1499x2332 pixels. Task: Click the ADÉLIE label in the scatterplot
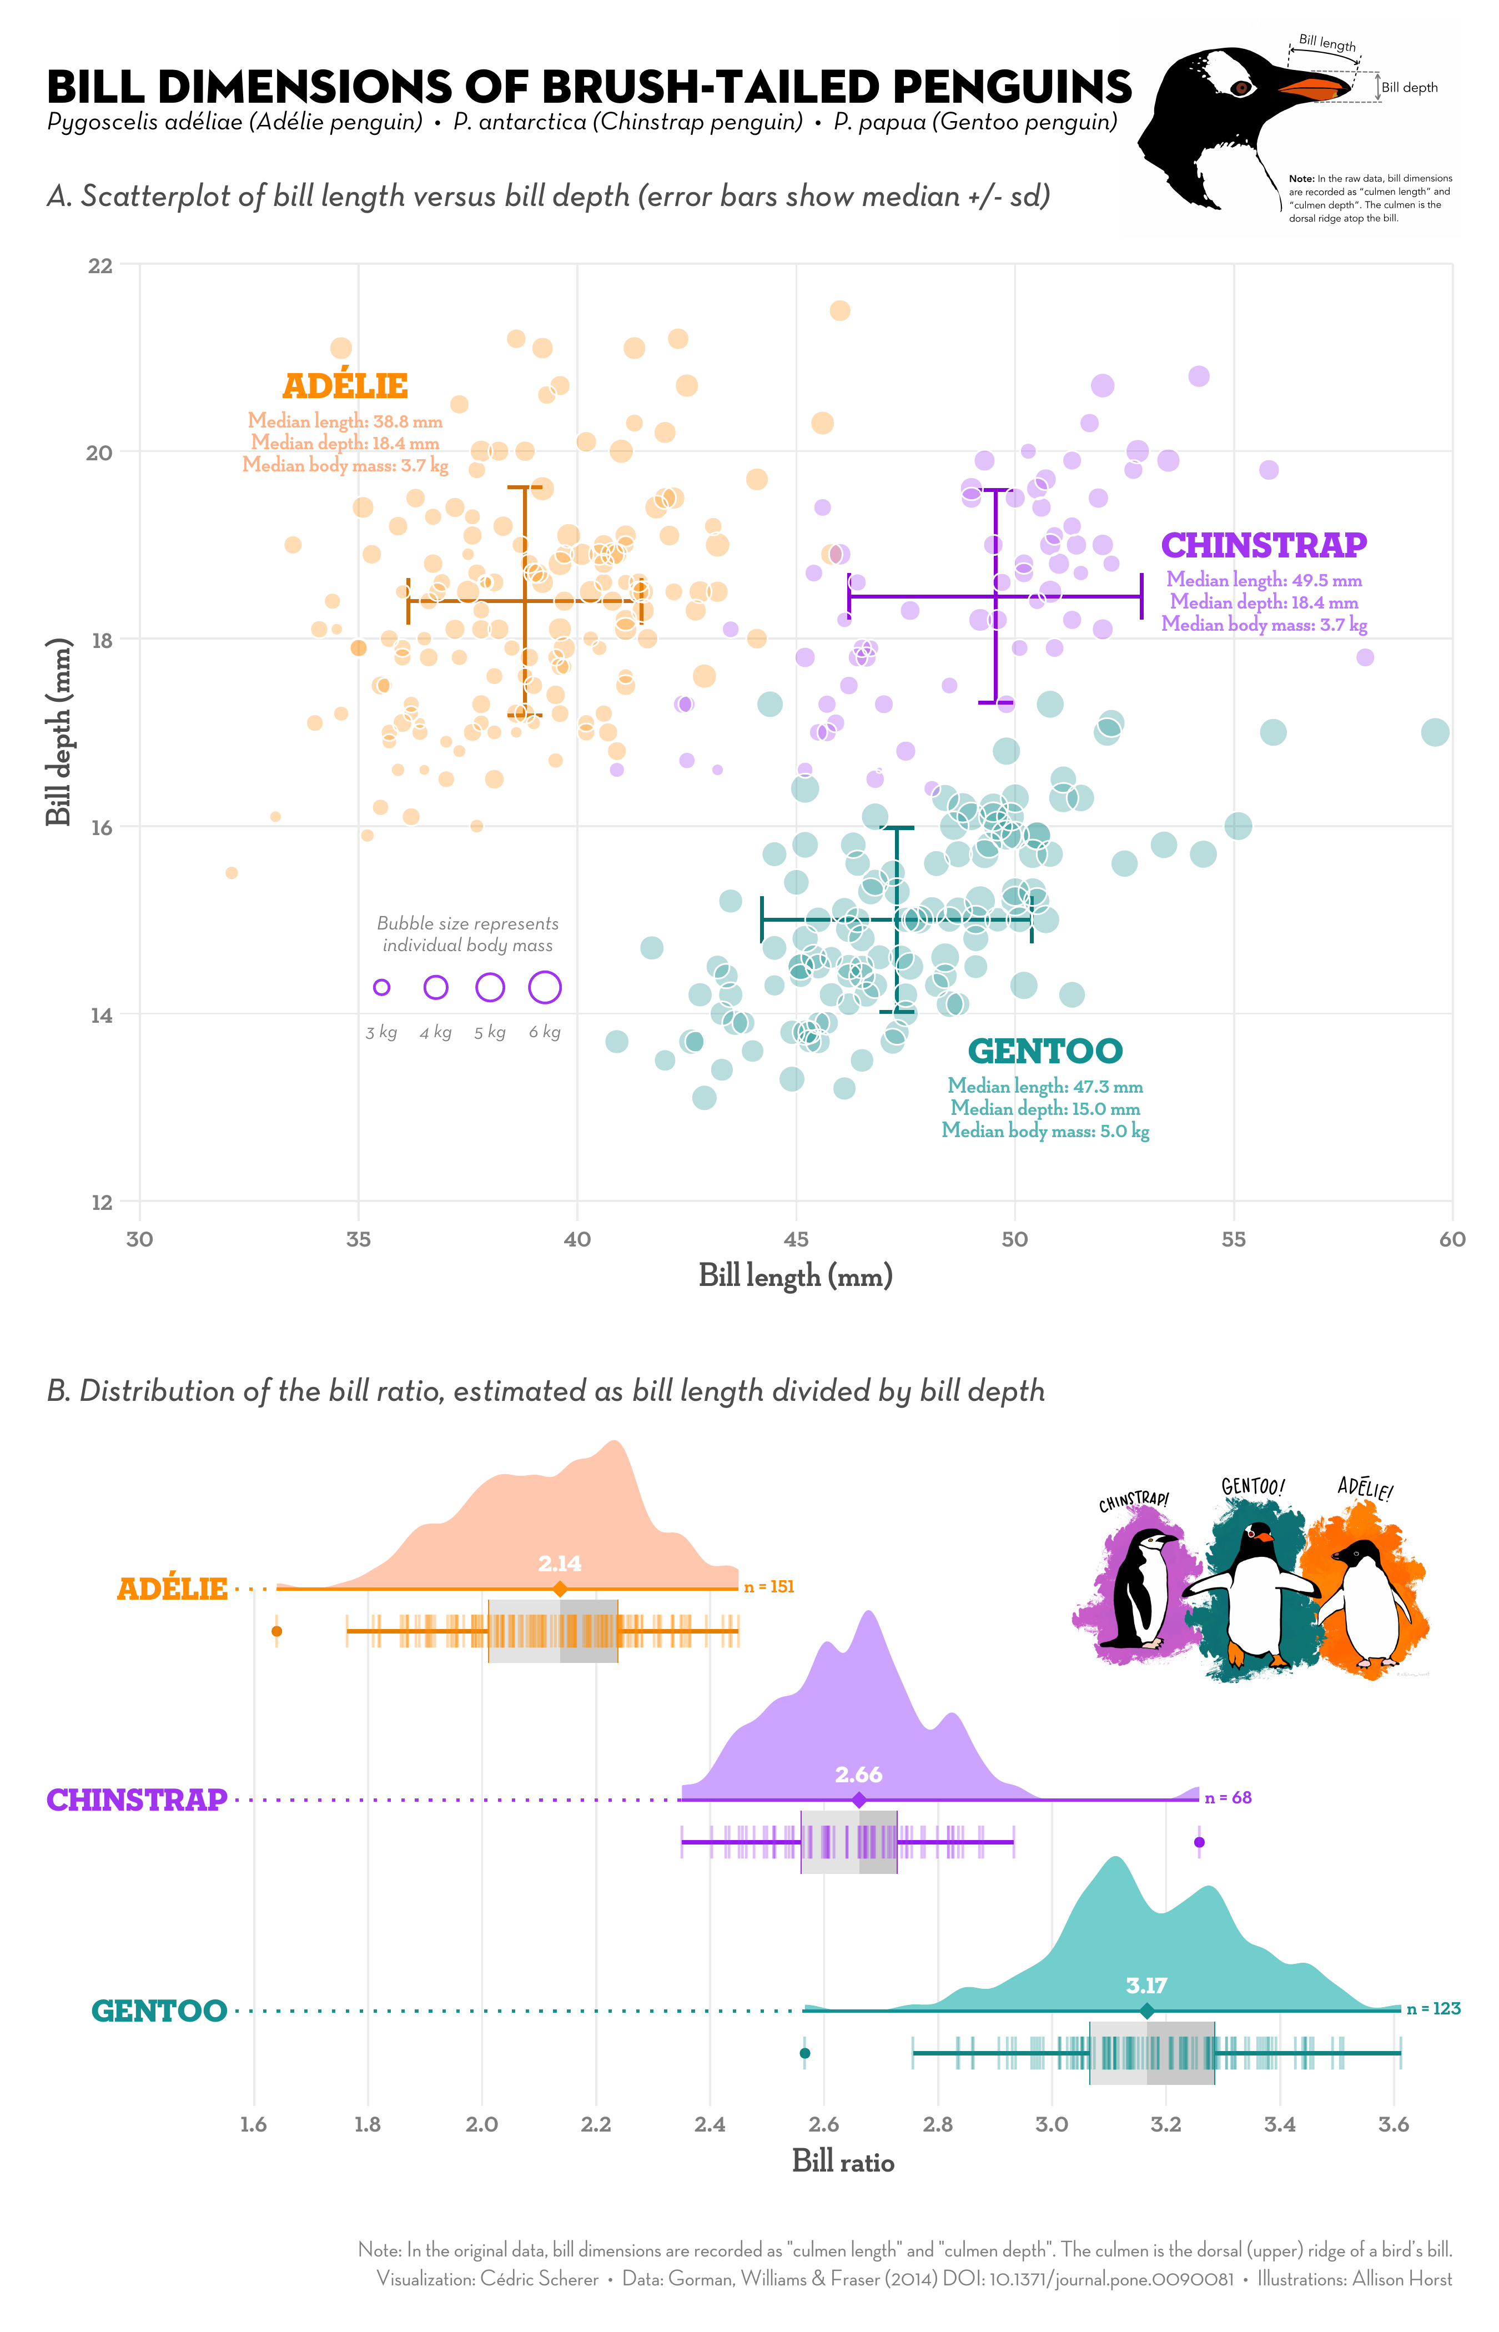click(345, 386)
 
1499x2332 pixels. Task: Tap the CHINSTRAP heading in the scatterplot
click(1264, 545)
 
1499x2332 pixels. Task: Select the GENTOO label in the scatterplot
click(1044, 1051)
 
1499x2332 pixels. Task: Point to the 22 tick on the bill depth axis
click(100, 266)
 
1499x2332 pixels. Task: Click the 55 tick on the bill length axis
click(1233, 1239)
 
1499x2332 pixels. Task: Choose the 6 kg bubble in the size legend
click(544, 987)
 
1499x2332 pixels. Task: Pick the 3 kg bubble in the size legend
click(381, 987)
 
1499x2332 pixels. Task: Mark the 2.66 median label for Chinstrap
click(858, 1775)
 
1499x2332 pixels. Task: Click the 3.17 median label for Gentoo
click(1146, 1986)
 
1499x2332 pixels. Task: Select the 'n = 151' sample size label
click(769, 1587)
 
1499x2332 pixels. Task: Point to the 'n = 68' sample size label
click(1229, 1798)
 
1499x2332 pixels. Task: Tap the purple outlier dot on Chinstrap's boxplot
click(1199, 1842)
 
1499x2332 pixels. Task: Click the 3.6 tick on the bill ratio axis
click(1393, 2125)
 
